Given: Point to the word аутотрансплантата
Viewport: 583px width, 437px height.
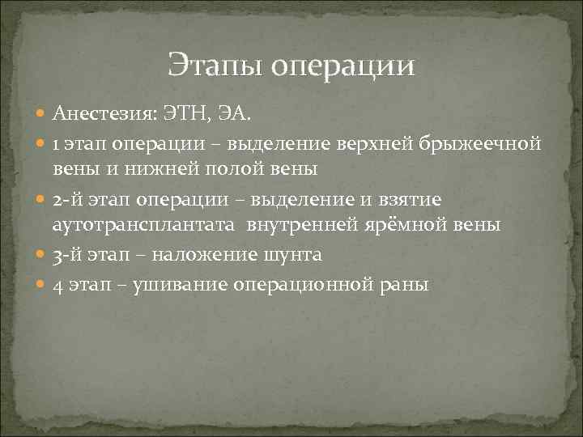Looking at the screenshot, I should [x=130, y=225].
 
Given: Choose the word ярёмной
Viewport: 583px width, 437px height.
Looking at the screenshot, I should [x=415, y=225].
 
